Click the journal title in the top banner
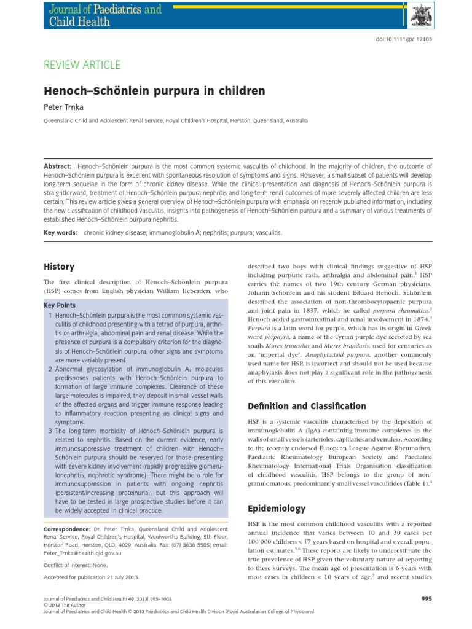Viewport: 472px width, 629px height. coord(102,15)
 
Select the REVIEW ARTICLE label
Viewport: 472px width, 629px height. coord(82,65)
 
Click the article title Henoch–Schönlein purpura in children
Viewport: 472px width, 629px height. coord(154,91)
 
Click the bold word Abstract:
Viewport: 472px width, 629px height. coord(57,167)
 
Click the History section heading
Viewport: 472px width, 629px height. coord(59,267)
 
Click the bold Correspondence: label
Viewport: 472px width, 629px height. coord(68,529)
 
